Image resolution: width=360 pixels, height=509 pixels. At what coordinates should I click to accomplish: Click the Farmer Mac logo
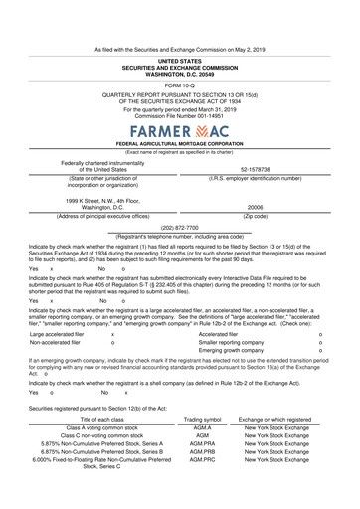pos(179,131)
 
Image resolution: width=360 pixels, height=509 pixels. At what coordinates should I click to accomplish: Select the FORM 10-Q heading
pos(179,85)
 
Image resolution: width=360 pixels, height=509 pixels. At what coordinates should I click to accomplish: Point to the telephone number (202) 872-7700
pos(179,226)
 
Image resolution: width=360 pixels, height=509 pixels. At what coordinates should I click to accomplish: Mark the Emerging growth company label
pos(227,351)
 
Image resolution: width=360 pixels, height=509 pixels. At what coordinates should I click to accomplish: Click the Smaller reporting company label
pos(231,343)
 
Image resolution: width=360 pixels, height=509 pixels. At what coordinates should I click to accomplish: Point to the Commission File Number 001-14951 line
pos(179,113)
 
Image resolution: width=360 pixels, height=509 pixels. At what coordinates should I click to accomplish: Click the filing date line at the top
pos(179,47)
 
